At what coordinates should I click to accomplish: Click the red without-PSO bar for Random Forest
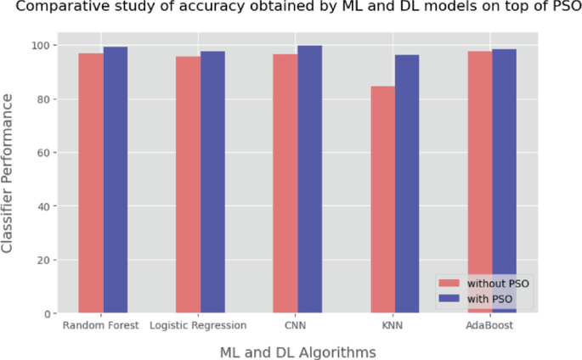click(91, 183)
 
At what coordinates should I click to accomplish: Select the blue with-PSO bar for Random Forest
click(116, 180)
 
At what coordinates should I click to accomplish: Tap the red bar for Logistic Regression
click(188, 185)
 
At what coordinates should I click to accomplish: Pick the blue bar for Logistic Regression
click(212, 183)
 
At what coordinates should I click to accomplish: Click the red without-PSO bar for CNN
click(285, 184)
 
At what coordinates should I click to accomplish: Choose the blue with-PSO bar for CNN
click(309, 179)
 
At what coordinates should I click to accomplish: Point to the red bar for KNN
click(382, 200)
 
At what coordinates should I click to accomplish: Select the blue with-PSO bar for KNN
click(407, 184)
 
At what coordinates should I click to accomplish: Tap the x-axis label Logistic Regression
click(198, 325)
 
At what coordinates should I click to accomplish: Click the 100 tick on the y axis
click(40, 45)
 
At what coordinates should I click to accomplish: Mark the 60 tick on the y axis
click(42, 153)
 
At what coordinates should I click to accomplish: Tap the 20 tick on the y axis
click(42, 260)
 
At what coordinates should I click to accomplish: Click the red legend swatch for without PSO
click(449, 283)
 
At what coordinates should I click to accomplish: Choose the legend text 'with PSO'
click(491, 299)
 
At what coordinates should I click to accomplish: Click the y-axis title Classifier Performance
click(8, 173)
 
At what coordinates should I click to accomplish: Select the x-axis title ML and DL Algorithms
click(297, 350)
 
